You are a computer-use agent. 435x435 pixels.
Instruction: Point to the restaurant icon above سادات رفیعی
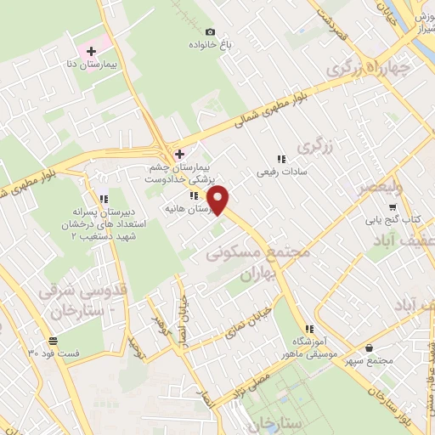tap(280, 158)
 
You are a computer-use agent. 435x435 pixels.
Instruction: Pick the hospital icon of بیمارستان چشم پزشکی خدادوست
tap(178, 154)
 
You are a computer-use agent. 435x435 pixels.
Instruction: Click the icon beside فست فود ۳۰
tap(31, 340)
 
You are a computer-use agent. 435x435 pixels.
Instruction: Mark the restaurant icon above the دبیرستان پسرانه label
tap(104, 200)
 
